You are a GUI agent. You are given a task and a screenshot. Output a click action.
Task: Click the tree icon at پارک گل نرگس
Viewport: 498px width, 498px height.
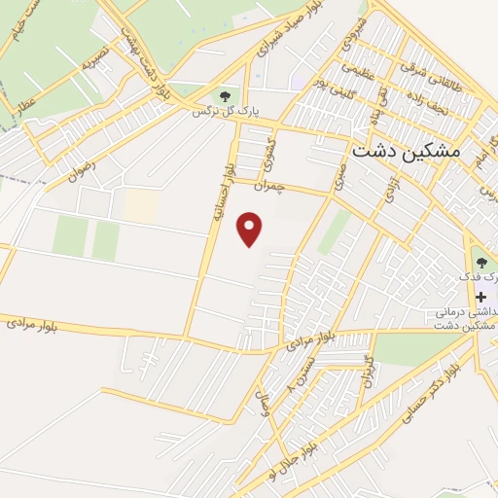[x=226, y=95]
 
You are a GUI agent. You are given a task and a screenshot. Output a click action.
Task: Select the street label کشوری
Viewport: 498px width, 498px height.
[x=271, y=152]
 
